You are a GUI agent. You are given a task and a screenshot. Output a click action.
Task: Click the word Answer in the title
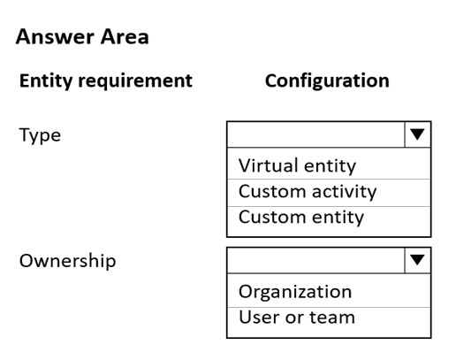click(x=55, y=36)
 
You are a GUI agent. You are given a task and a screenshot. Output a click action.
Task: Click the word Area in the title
click(x=125, y=36)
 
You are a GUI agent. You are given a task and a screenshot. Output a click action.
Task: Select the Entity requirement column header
click(x=106, y=80)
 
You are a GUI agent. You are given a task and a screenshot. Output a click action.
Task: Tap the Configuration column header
click(x=327, y=80)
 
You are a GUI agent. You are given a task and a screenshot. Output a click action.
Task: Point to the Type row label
click(x=40, y=135)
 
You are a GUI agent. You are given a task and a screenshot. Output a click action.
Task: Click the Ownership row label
click(x=67, y=261)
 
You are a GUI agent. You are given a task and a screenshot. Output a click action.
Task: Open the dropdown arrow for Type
click(x=417, y=134)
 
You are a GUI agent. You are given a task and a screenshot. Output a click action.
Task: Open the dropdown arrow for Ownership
click(x=417, y=260)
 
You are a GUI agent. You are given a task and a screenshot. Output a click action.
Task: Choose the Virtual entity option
click(x=297, y=165)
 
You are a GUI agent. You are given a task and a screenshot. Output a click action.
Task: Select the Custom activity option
click(x=308, y=192)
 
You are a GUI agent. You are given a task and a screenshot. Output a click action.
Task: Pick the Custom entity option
click(x=301, y=218)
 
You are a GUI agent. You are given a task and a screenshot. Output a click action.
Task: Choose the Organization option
click(x=295, y=292)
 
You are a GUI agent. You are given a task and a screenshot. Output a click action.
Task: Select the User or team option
click(x=297, y=318)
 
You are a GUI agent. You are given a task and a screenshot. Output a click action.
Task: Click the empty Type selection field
click(x=316, y=134)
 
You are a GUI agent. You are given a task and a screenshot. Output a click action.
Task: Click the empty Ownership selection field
click(x=316, y=260)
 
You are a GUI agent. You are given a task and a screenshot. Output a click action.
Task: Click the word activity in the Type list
click(x=345, y=192)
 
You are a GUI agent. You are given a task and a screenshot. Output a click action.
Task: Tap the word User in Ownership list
click(x=259, y=318)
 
